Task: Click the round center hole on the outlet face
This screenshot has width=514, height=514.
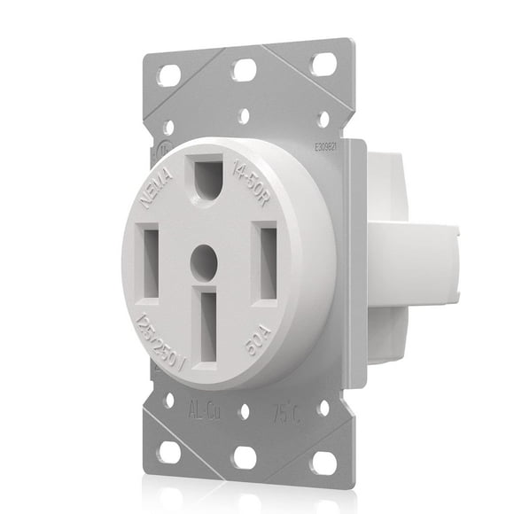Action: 204,260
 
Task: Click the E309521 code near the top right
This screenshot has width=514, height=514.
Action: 323,149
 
